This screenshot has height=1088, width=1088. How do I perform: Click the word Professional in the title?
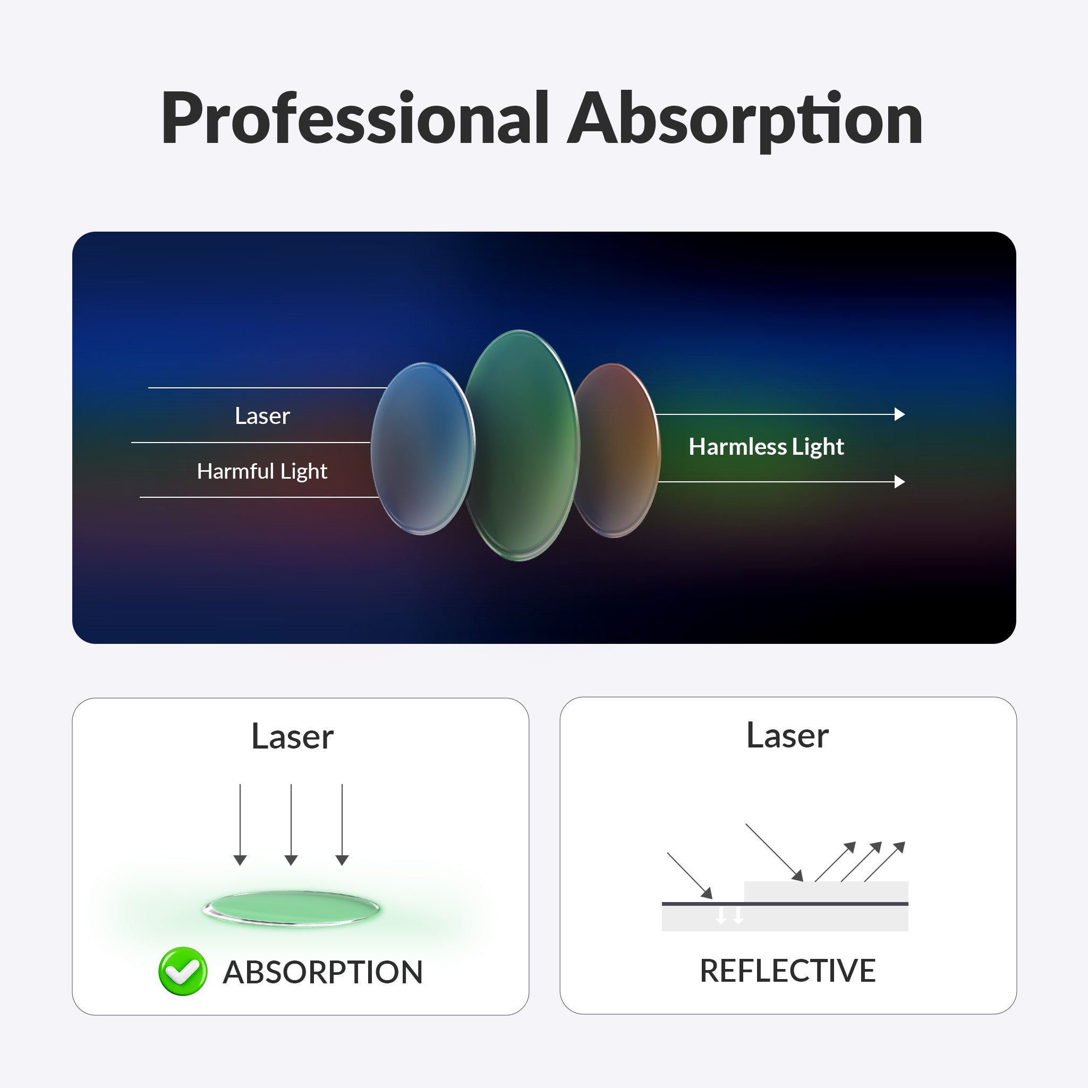click(x=355, y=119)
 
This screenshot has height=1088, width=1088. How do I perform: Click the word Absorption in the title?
click(x=745, y=120)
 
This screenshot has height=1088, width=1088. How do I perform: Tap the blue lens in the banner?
click(x=422, y=449)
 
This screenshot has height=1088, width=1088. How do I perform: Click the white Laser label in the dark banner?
click(x=262, y=416)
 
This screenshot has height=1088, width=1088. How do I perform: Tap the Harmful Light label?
click(x=262, y=471)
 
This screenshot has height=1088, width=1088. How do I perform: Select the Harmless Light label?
click(x=766, y=447)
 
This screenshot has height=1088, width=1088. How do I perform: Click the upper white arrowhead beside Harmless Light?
click(x=899, y=414)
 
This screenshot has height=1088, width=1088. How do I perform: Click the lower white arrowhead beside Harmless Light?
click(x=899, y=481)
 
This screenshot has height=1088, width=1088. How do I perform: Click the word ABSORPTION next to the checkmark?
click(x=322, y=972)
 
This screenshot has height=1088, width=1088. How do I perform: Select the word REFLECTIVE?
click(x=787, y=970)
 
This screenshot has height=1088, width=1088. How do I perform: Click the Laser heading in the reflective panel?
click(x=787, y=735)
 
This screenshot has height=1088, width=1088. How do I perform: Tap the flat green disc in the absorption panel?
click(x=291, y=908)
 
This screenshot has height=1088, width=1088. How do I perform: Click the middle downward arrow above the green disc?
click(x=291, y=824)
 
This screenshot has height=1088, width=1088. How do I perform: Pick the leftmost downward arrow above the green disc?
click(x=240, y=824)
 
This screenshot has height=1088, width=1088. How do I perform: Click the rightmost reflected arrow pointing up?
click(x=885, y=861)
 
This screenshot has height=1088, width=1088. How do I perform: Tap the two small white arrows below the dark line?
click(x=729, y=915)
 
